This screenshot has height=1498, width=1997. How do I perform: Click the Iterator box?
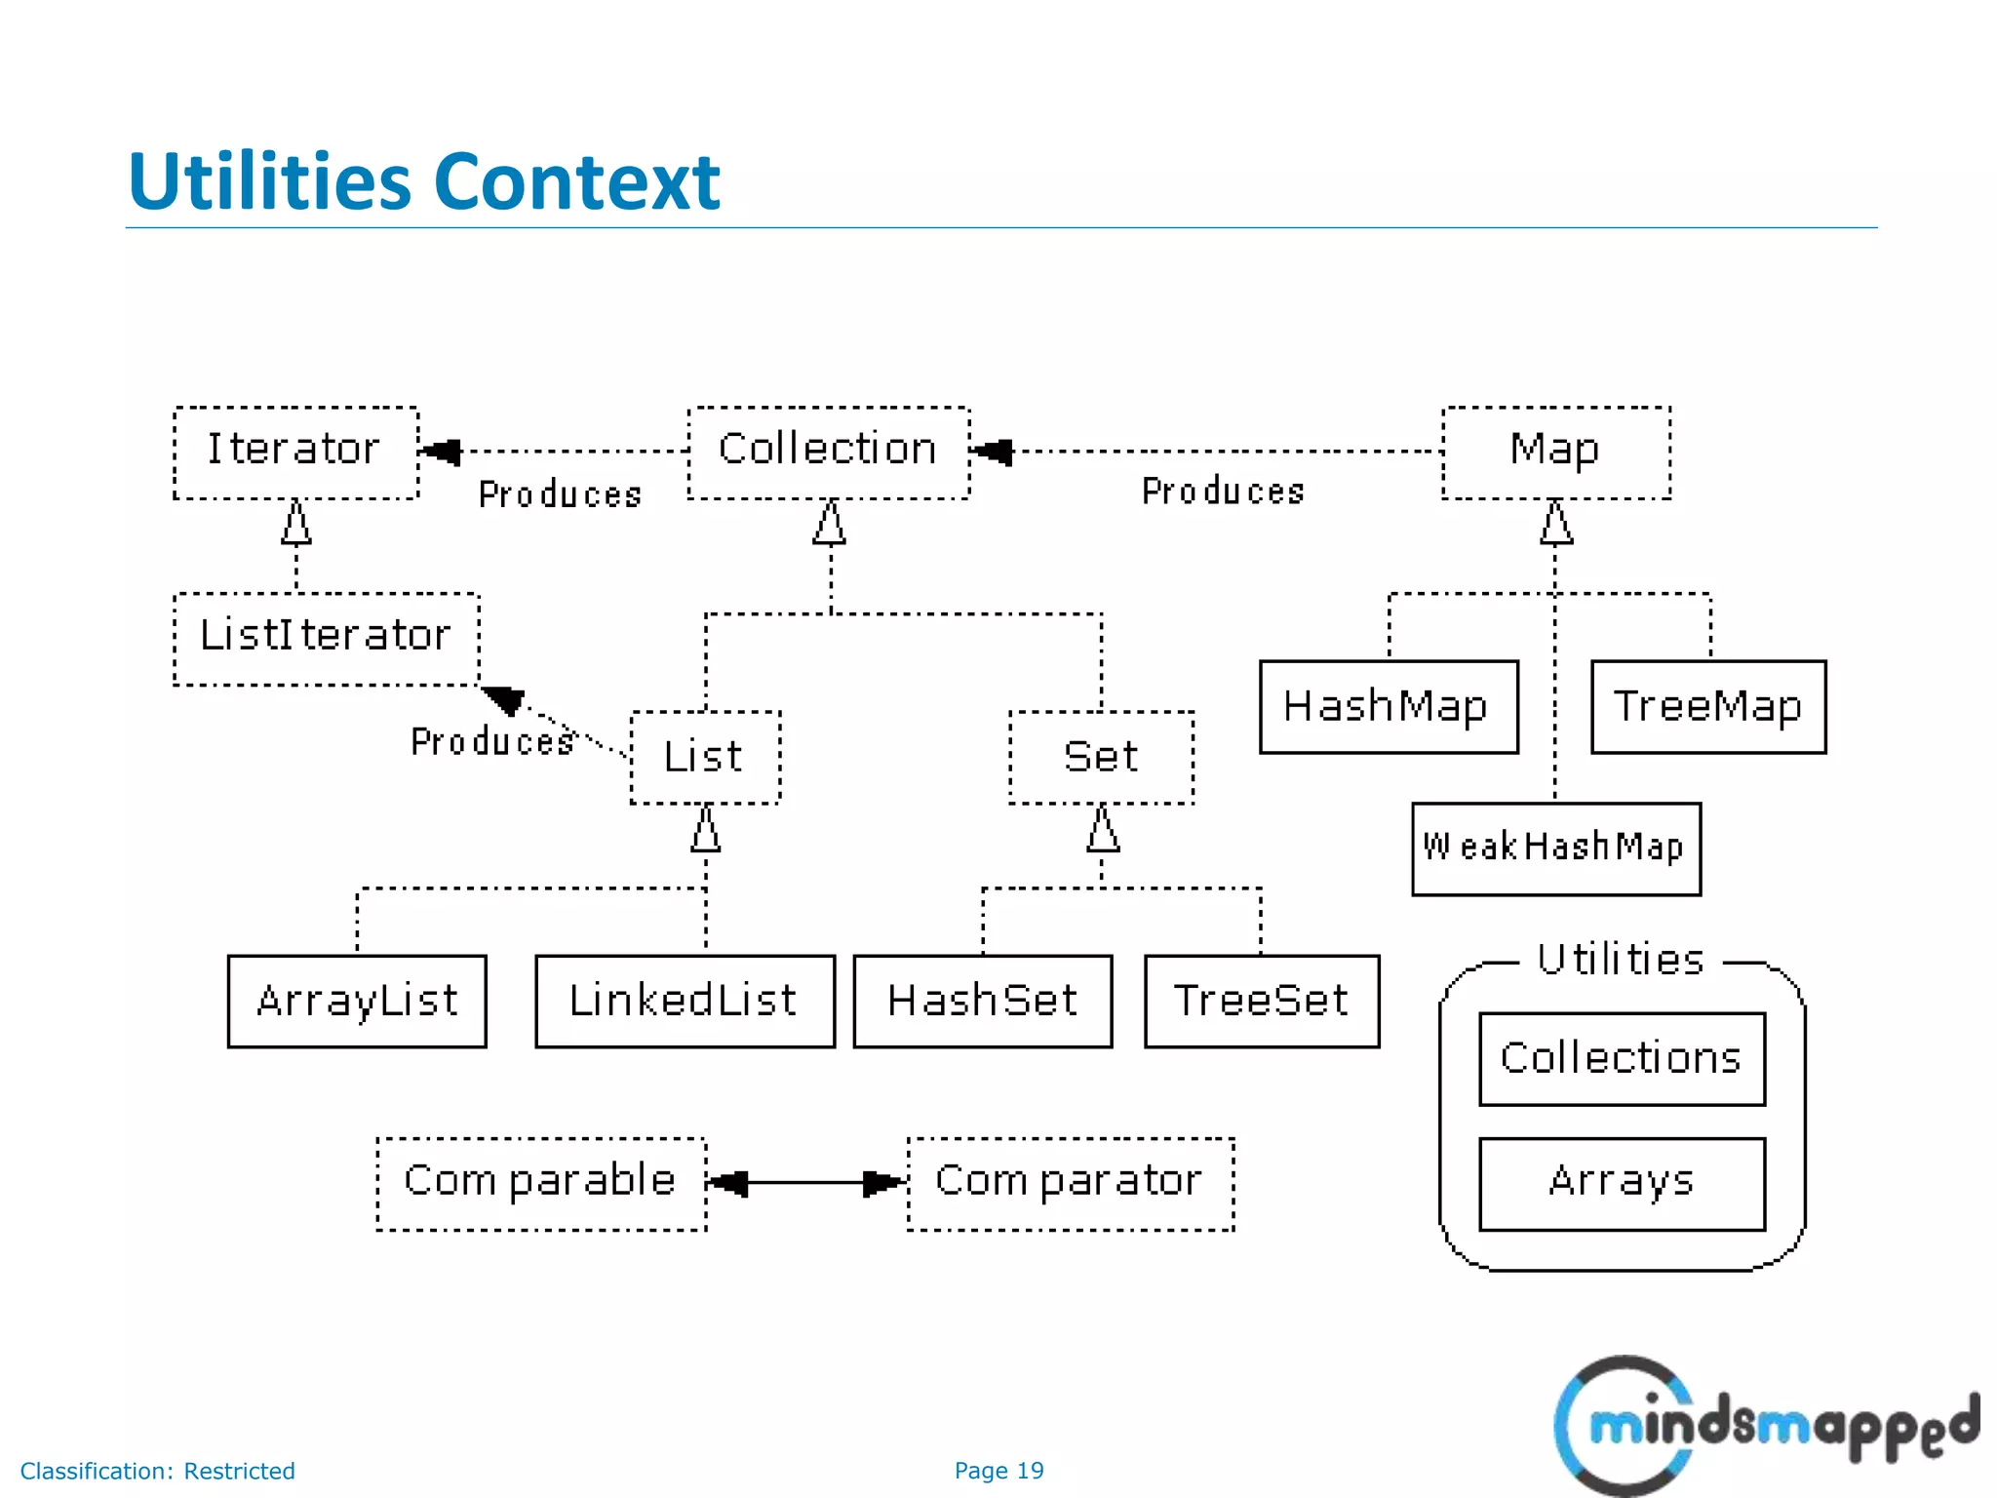(295, 453)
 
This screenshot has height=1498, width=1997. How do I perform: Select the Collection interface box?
(828, 453)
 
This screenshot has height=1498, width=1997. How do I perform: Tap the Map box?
(1555, 453)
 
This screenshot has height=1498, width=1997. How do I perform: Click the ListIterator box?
(326, 639)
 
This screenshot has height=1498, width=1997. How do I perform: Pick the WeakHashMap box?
(1555, 848)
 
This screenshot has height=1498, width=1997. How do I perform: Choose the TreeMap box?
(1707, 707)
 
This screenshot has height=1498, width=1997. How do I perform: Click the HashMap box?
(1388, 707)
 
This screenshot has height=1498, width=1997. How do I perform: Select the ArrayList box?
(357, 1002)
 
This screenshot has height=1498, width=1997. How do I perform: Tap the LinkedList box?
(685, 1002)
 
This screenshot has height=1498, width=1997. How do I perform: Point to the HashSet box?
(982, 1002)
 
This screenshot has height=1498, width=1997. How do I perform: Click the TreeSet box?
(1261, 1002)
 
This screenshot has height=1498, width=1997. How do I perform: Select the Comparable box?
(541, 1183)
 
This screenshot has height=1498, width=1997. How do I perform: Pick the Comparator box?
(1070, 1183)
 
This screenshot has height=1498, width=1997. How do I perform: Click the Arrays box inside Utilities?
(1622, 1183)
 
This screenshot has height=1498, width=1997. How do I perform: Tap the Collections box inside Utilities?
(1622, 1059)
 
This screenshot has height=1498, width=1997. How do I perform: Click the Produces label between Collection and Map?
(1223, 492)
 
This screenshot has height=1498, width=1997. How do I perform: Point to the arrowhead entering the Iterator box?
(442, 453)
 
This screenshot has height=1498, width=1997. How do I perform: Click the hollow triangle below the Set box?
(1103, 831)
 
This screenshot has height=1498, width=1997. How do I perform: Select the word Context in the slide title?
(576, 182)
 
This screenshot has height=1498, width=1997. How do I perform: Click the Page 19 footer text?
(998, 1471)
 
